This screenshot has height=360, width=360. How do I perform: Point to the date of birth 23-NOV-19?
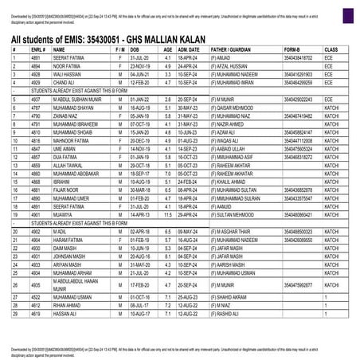click(x=139, y=66)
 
